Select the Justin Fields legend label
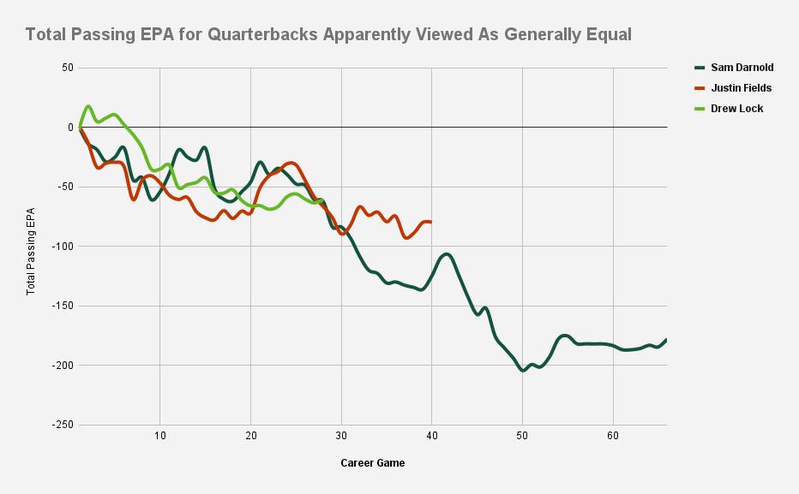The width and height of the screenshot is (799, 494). [x=741, y=88]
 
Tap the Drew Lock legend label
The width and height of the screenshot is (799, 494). [x=736, y=109]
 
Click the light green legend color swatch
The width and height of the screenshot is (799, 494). [x=699, y=109]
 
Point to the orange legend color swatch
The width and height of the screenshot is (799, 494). [x=699, y=88]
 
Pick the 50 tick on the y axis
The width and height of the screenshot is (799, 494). [x=65, y=68]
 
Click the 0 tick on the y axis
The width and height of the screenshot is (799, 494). [x=70, y=127]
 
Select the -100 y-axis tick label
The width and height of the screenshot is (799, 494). [x=61, y=247]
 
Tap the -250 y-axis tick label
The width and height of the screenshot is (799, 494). [x=61, y=425]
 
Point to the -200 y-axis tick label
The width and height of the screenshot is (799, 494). [x=61, y=366]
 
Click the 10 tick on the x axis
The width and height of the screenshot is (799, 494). [x=160, y=437]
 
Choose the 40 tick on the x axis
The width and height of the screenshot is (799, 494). [x=432, y=437]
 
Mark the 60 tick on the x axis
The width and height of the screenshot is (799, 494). [x=613, y=437]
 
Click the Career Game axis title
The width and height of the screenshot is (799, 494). [x=372, y=463]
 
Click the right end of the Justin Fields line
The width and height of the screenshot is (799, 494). [x=430, y=222]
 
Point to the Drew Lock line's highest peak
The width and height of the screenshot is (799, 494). [x=88, y=107]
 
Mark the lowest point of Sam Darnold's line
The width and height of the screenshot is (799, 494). [x=523, y=371]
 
